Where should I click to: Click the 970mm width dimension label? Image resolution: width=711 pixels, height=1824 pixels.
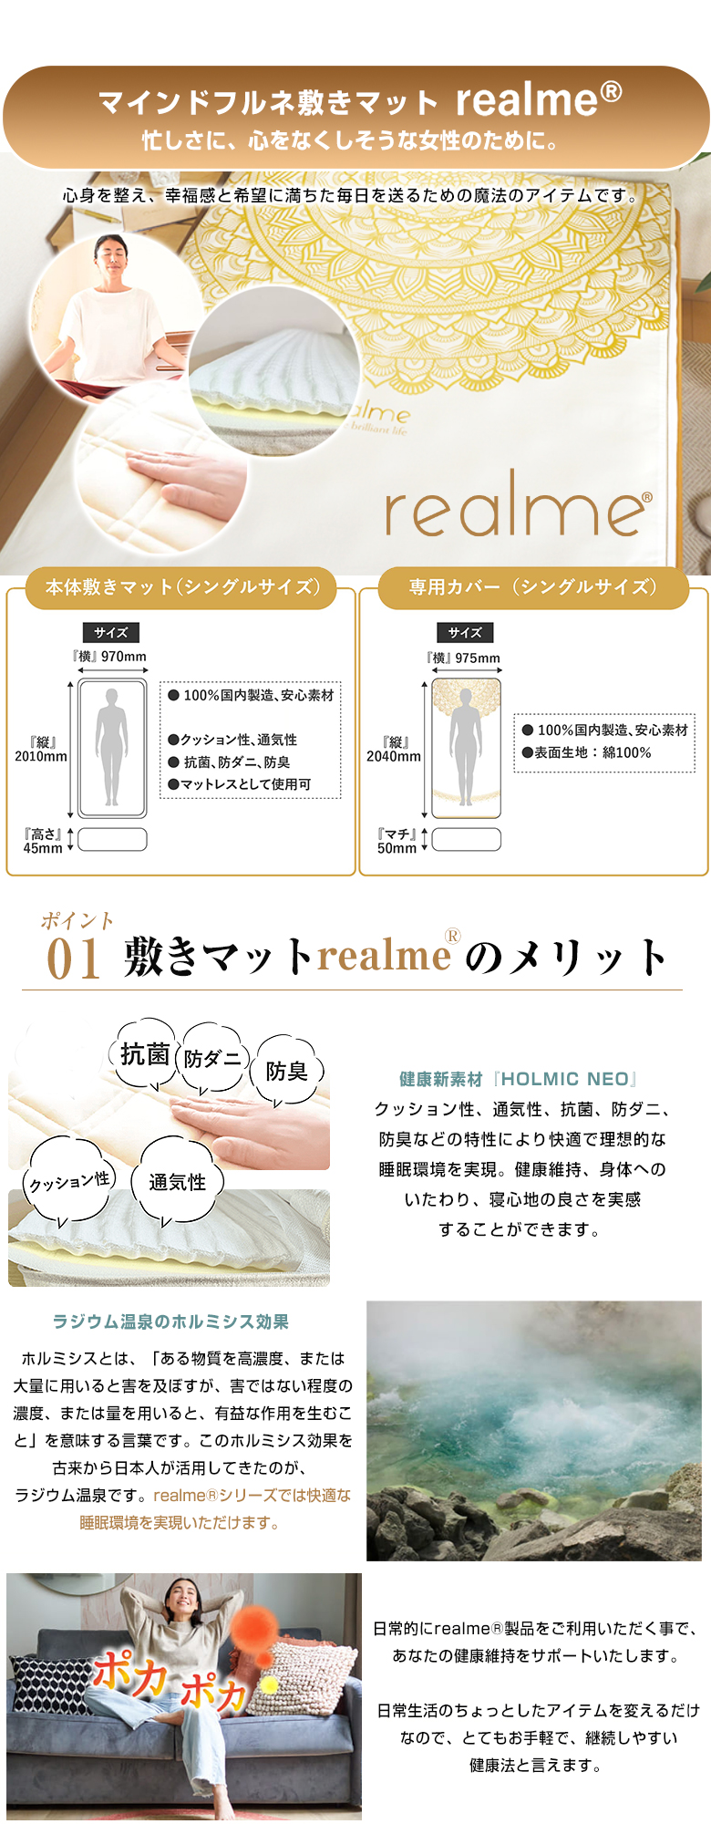point(110,656)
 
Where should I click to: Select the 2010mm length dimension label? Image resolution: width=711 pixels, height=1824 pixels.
point(41,750)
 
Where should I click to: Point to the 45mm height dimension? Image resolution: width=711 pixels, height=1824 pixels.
point(43,841)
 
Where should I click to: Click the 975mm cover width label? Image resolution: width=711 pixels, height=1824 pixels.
point(463,658)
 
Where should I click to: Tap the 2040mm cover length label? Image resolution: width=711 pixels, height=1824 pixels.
point(394,750)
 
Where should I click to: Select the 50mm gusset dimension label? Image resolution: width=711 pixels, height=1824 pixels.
point(397,841)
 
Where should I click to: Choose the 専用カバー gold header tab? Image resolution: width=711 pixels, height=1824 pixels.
point(533,587)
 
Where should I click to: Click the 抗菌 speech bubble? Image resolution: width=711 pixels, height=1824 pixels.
point(146,1054)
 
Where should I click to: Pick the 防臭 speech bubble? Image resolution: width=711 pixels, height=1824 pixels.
point(287,1071)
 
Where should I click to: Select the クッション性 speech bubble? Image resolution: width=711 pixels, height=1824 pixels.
point(69,1182)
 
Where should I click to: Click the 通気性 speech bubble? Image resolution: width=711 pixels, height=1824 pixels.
point(177,1182)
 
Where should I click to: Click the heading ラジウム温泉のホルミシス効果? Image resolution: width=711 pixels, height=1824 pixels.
point(170,1321)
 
